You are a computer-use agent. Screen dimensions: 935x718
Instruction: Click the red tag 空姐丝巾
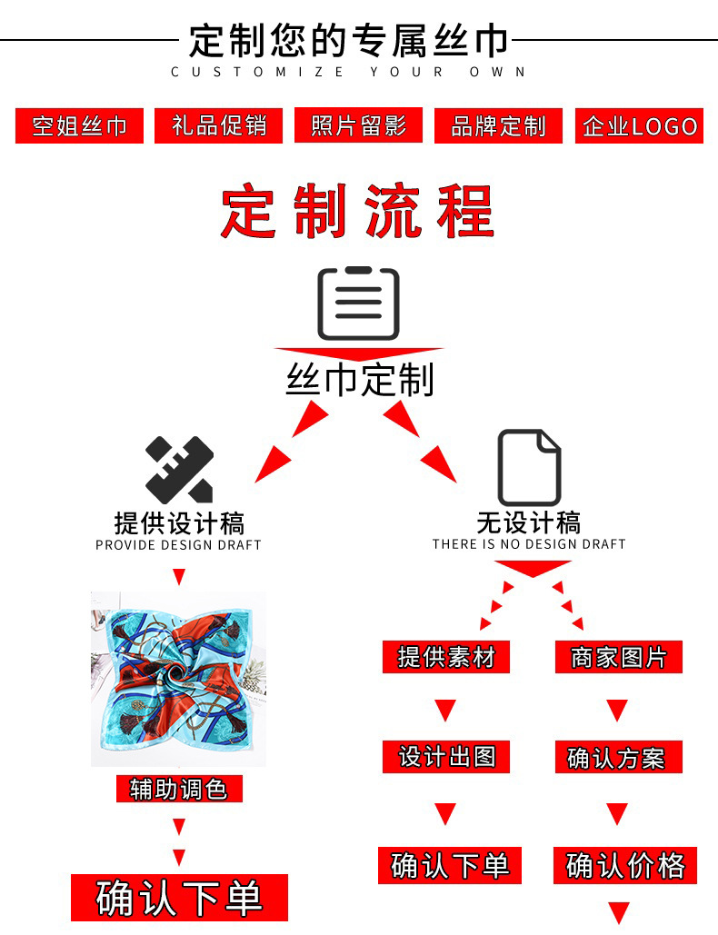click(79, 125)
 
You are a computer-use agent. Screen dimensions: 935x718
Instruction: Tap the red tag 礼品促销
click(218, 125)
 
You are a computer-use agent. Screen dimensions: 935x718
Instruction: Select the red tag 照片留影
click(358, 125)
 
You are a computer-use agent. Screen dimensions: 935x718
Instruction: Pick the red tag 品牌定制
click(498, 125)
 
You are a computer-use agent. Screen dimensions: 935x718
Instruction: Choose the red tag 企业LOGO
click(640, 125)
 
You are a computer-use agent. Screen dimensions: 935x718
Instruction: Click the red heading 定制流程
click(357, 211)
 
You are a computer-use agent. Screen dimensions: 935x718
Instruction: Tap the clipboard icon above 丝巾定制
click(358, 303)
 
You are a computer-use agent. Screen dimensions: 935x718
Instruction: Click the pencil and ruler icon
click(179, 470)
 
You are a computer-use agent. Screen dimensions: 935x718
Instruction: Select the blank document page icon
click(529, 467)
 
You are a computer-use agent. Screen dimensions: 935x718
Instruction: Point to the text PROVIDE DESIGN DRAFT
click(178, 545)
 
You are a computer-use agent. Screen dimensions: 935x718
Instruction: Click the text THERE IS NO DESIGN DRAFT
click(529, 544)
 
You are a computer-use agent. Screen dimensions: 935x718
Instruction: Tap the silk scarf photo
click(178, 678)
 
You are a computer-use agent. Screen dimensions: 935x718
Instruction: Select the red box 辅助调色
click(178, 788)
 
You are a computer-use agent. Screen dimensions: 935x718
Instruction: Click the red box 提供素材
click(445, 656)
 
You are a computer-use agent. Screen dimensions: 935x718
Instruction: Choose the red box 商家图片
click(618, 656)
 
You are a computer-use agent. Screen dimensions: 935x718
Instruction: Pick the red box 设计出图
click(445, 756)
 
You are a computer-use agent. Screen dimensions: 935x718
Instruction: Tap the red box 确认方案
click(618, 757)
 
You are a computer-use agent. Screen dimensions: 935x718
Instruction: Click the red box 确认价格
click(625, 865)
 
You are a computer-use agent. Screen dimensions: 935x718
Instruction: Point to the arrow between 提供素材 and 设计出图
click(445, 709)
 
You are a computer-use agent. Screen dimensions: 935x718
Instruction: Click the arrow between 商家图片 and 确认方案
click(618, 709)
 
